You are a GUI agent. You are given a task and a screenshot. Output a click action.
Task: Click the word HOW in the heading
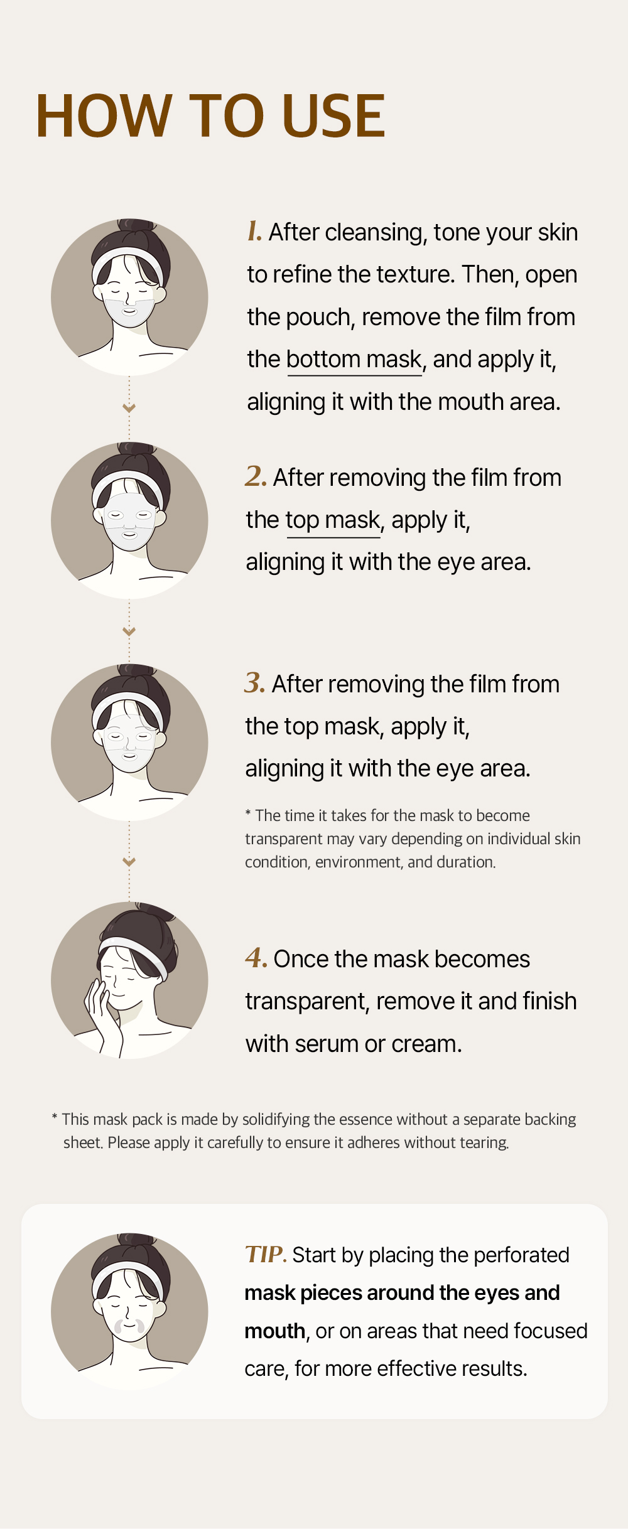[x=104, y=115]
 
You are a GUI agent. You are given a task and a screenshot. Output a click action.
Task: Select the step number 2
[x=256, y=476]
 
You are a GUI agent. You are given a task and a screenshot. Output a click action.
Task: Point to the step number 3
[x=255, y=682]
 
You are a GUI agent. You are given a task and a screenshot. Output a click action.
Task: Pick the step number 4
[x=256, y=958]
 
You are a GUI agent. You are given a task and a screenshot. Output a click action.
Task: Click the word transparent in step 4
[x=306, y=1002]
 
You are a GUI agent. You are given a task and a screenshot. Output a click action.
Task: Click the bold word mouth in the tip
[x=275, y=1331]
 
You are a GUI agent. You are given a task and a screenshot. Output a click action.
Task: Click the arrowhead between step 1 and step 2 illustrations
[x=129, y=408]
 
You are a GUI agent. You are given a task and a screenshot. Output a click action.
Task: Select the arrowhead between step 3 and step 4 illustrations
[x=129, y=862]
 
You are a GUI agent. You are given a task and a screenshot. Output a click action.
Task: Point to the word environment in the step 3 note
[x=359, y=862]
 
